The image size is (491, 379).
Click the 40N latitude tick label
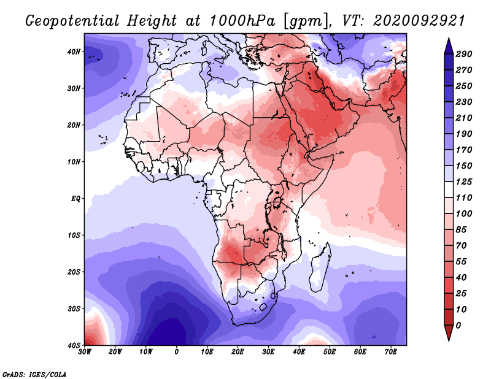pos(74,52)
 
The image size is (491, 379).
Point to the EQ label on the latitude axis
pos(75,199)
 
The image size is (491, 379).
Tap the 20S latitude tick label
pos(74,272)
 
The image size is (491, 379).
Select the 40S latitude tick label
pos(74,345)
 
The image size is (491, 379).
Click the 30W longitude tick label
pos(85,352)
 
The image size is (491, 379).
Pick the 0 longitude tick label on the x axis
pos(177,352)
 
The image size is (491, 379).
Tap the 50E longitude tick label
pos(330,352)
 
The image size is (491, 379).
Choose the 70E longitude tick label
pos(391,352)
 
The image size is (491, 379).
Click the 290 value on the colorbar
pos(463,54)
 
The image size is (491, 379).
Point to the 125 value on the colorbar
pos(463,182)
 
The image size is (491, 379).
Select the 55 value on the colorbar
pos(461,262)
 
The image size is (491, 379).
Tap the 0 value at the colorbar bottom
pos(458,326)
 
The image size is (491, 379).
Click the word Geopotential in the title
pos(72,21)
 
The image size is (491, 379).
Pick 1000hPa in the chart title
pos(242,21)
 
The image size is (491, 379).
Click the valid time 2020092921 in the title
pos(419,21)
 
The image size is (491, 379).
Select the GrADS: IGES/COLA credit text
pos(34,375)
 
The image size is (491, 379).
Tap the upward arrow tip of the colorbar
pos(449,38)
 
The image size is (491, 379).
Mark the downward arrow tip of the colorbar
pos(449,340)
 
